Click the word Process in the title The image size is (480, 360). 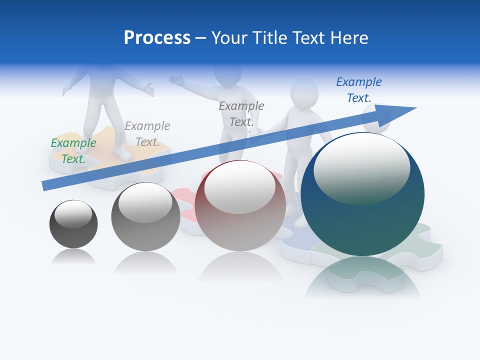[157, 38]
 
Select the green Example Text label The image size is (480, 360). [73, 151]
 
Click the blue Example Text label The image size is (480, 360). [358, 90]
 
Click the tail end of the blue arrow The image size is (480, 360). [45, 186]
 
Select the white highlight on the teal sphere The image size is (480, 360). [361, 167]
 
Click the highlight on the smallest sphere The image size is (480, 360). [73, 214]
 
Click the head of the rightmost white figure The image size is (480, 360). [304, 92]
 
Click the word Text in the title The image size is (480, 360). [308, 38]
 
